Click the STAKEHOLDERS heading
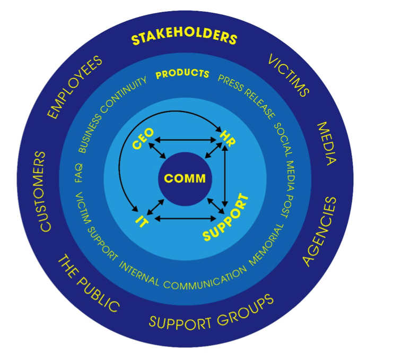(183, 39)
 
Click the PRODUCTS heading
(182, 74)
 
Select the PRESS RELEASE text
(248, 96)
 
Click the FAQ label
(80, 173)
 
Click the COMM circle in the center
(184, 178)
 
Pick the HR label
(228, 136)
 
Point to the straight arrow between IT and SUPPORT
(184, 218)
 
